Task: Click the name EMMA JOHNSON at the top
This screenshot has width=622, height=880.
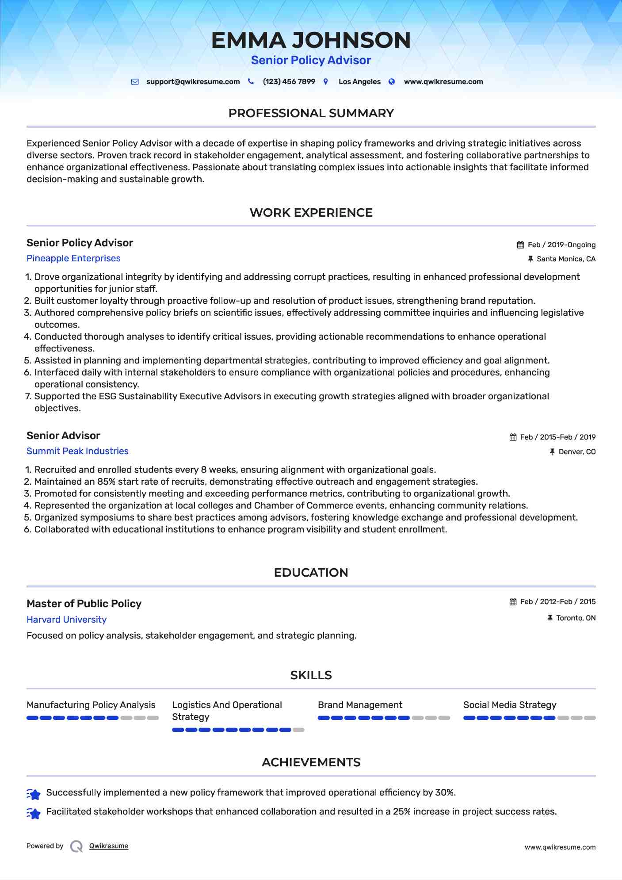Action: pyautogui.click(x=311, y=40)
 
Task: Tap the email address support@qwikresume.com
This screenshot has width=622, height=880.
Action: pyautogui.click(x=193, y=82)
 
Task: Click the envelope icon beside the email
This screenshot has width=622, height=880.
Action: pyautogui.click(x=135, y=82)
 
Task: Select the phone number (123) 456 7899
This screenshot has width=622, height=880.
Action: pyautogui.click(x=289, y=82)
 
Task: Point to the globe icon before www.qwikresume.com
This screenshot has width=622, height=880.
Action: pyautogui.click(x=392, y=82)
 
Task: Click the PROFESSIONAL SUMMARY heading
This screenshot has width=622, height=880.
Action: pyautogui.click(x=311, y=113)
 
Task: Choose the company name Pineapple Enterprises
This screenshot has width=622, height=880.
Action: pyautogui.click(x=73, y=258)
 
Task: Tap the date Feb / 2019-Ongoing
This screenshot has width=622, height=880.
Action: pyautogui.click(x=561, y=245)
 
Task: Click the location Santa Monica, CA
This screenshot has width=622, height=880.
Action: pyautogui.click(x=566, y=259)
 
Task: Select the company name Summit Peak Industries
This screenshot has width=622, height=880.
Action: pyautogui.click(x=77, y=451)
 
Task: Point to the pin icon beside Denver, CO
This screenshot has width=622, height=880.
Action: pyautogui.click(x=552, y=452)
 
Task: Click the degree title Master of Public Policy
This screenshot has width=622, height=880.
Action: pyautogui.click(x=84, y=604)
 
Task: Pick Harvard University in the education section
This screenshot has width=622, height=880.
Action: pyautogui.click(x=66, y=620)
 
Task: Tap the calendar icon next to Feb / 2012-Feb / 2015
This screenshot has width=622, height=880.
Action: pyautogui.click(x=513, y=602)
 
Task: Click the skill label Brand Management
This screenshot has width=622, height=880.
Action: pyautogui.click(x=360, y=705)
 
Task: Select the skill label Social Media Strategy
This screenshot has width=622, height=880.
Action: pyautogui.click(x=510, y=705)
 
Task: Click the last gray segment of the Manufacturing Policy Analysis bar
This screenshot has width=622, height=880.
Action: pyautogui.click(x=153, y=718)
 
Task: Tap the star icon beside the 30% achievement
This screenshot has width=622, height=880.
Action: pyautogui.click(x=34, y=794)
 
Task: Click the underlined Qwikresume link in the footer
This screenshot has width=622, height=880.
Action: pyautogui.click(x=109, y=846)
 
